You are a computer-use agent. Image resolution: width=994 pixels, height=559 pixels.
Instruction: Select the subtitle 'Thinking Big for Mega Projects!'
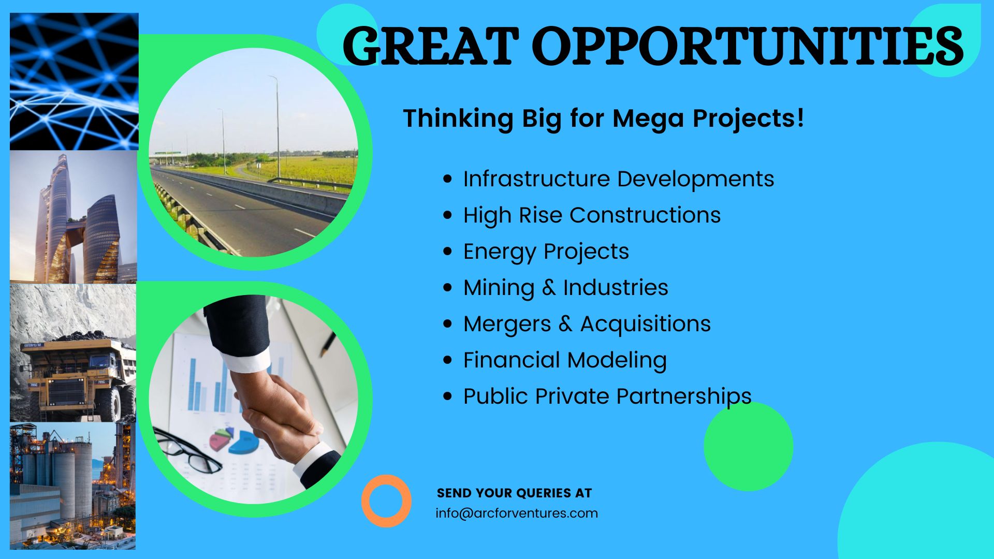(604, 119)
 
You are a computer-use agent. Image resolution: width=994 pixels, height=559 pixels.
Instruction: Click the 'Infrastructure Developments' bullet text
(619, 179)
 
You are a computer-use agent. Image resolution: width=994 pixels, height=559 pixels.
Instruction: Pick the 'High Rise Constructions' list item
(592, 215)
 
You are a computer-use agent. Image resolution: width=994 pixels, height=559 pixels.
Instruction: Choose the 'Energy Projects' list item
(546, 252)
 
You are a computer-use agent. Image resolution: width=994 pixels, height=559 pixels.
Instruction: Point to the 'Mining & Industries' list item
(566, 288)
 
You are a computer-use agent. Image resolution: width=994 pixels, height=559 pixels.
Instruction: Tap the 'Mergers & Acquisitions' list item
(587, 325)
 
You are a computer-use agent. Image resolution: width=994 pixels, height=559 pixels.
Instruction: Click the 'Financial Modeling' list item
(565, 361)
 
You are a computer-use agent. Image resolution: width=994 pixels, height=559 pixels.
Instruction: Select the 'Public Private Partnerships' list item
(607, 396)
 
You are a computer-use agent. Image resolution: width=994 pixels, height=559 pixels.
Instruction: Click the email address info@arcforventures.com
(517, 513)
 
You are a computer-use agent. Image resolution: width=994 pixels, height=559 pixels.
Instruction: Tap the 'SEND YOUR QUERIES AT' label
(514, 493)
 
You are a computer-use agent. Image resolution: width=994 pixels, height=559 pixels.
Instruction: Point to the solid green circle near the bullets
(748, 447)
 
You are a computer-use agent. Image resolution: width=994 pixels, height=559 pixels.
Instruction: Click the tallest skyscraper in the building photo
(54, 217)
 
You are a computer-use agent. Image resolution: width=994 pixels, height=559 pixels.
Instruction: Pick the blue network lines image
(74, 82)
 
